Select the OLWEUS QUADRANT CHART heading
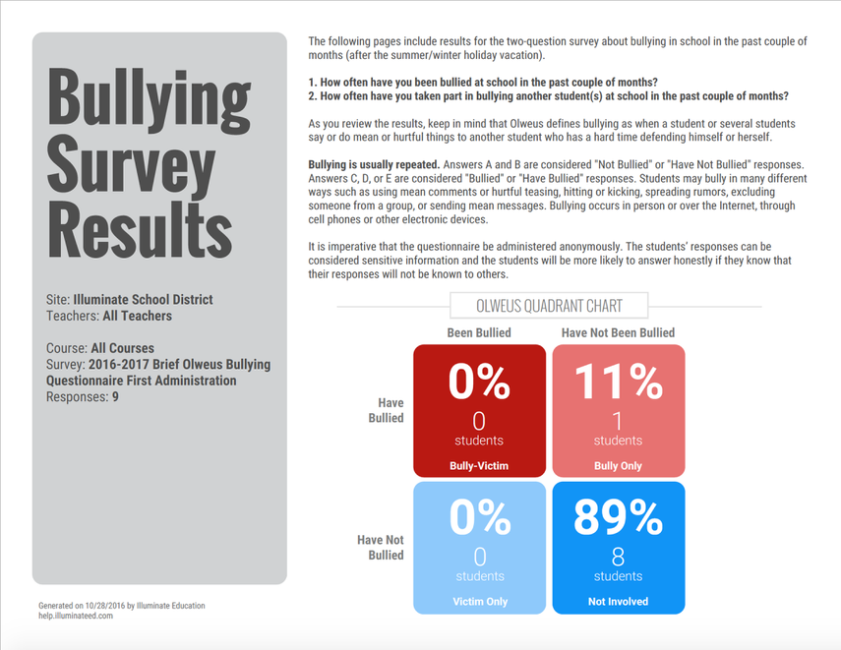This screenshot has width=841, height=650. [549, 306]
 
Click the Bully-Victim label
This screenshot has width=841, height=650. [479, 466]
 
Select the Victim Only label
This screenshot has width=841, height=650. [479, 601]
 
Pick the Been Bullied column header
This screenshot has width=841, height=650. [479, 333]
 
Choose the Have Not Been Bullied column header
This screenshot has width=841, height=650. [618, 333]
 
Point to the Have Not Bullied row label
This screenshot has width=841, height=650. [381, 547]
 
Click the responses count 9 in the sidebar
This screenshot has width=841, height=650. [115, 397]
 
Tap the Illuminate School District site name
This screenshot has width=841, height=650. [143, 299]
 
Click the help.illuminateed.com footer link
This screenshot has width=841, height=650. [76, 616]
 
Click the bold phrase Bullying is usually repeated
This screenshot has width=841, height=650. [374, 162]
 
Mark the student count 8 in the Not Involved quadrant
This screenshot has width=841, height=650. [619, 557]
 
